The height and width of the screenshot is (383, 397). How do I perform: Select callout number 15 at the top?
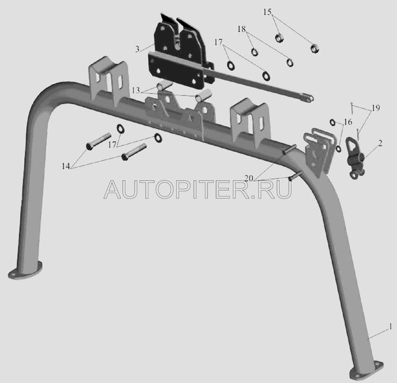[267, 12]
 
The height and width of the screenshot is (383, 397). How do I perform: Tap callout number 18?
[241, 30]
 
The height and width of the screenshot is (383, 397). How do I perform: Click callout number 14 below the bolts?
[66, 166]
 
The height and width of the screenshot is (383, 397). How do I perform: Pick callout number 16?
[348, 122]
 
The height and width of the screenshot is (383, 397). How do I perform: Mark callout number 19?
[375, 108]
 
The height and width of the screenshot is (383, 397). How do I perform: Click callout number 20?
[248, 177]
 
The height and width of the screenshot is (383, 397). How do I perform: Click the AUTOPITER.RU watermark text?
[198, 188]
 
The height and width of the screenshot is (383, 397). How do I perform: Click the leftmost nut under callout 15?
[279, 37]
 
